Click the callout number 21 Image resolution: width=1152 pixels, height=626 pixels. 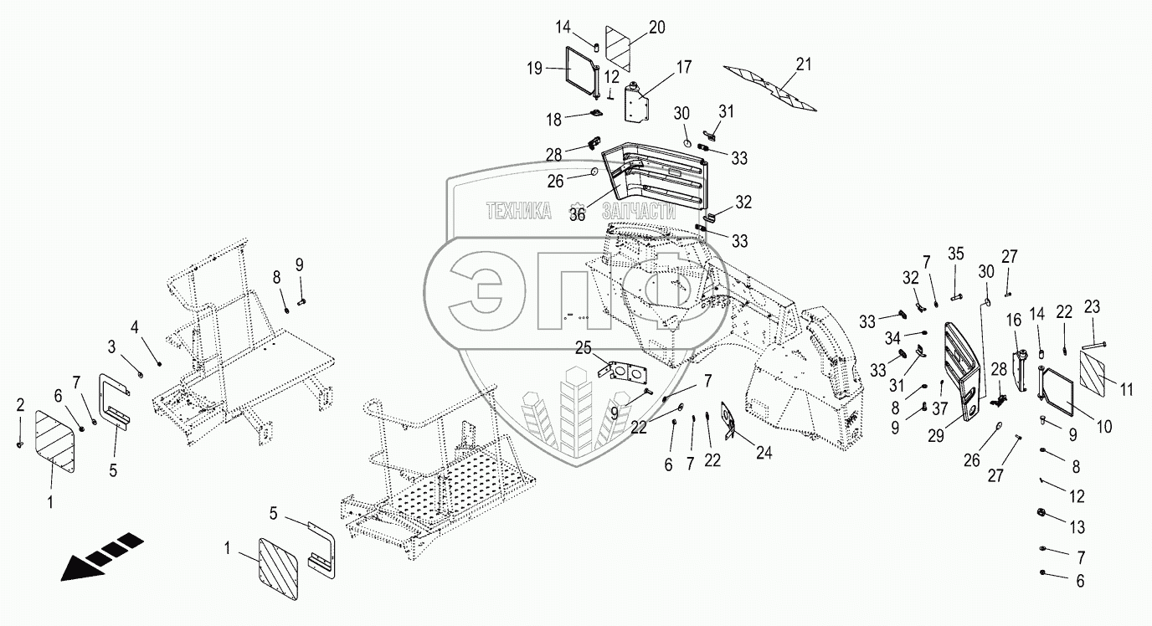point(804,64)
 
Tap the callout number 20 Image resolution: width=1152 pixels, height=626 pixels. point(656,27)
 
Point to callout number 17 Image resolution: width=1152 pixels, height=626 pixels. point(684,65)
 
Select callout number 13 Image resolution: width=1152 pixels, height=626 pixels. point(1077,527)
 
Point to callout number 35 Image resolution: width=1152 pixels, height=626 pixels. point(955,254)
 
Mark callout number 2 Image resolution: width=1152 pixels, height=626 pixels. point(20,406)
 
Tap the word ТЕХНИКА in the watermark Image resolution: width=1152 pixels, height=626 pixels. point(519,212)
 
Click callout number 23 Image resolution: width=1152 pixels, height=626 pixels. point(1092,306)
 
